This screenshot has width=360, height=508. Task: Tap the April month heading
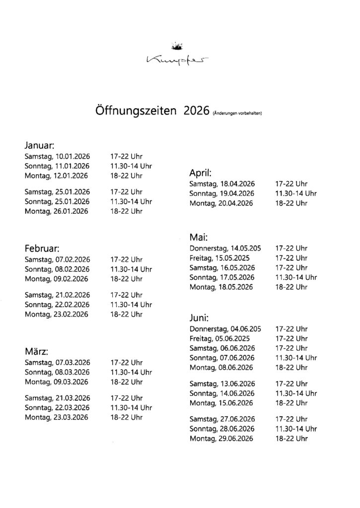[x=201, y=173]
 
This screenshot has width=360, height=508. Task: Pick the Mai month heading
[x=198, y=237]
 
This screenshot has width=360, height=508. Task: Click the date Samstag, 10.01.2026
[x=57, y=156]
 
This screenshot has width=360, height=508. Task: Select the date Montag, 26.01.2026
[x=56, y=211]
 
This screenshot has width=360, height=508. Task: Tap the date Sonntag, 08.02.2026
[x=57, y=269]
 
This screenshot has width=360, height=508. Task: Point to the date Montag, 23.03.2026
[x=56, y=417]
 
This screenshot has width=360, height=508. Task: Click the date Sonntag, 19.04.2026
[x=222, y=193]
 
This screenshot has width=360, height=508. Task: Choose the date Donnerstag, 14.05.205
[x=225, y=248]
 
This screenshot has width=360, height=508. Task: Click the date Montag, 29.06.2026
[x=221, y=439]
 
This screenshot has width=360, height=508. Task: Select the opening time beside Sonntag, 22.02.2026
[x=131, y=305]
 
